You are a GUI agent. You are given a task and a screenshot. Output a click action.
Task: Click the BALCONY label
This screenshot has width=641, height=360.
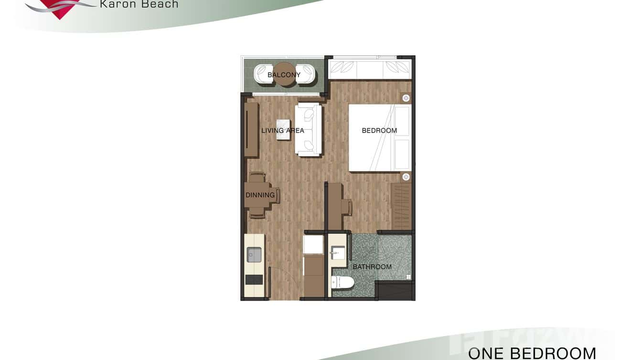(284, 75)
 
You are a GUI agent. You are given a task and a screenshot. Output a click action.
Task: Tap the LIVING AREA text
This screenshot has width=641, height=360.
(282, 130)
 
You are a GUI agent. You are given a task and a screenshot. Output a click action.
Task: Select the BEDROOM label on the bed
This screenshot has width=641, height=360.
(379, 130)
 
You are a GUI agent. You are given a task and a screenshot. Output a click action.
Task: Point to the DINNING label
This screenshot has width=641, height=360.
(260, 195)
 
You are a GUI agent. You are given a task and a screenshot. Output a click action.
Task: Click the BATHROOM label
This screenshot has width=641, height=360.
(372, 267)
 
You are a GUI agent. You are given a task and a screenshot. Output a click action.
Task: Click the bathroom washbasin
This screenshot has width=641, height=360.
(337, 252)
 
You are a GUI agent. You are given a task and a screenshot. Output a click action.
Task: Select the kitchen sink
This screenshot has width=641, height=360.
(254, 254)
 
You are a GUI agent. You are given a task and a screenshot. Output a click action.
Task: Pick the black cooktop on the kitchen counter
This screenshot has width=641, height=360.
(254, 279)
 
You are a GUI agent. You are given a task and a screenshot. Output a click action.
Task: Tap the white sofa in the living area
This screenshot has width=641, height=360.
(309, 129)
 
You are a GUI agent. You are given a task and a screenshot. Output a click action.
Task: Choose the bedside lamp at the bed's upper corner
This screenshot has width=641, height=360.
(406, 98)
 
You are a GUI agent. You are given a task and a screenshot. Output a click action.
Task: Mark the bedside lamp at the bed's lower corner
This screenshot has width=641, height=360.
(406, 177)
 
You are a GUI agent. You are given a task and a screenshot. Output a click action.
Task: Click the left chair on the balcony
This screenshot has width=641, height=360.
(262, 74)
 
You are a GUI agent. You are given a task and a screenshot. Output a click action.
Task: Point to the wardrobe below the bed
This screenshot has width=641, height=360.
(401, 206)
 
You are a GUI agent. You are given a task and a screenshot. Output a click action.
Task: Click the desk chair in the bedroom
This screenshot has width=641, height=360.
(347, 207)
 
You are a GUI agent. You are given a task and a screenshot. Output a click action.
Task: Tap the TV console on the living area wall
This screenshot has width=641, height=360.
(251, 129)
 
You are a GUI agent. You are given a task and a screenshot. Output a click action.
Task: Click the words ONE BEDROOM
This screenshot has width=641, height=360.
(532, 353)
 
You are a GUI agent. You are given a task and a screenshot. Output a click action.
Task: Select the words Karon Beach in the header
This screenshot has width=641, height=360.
(139, 4)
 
